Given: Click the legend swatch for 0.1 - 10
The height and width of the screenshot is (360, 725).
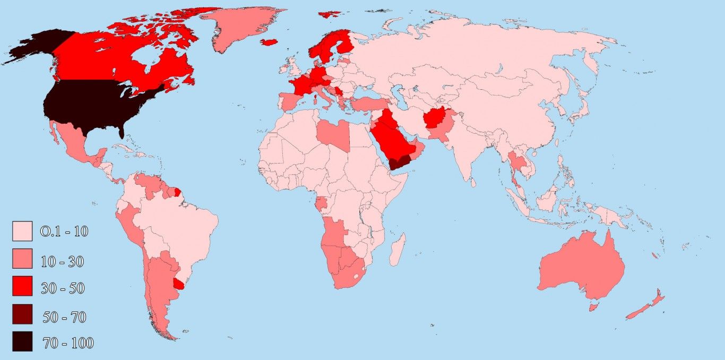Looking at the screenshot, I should [x=22, y=231].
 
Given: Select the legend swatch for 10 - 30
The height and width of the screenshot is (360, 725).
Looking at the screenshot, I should [x=22, y=259].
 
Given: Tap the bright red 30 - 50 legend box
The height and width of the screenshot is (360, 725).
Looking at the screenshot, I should [x=22, y=286].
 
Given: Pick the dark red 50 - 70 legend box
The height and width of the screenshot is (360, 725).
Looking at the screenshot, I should [x=22, y=314].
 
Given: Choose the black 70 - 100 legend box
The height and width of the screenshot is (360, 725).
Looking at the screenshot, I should [x=22, y=341].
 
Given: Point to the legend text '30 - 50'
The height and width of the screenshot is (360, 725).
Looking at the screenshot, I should [x=63, y=288].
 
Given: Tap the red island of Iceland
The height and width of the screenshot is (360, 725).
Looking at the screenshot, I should [x=269, y=42].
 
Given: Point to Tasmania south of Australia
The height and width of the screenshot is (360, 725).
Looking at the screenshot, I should [x=594, y=307].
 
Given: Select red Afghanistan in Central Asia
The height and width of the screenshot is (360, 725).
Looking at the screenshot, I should [x=435, y=119].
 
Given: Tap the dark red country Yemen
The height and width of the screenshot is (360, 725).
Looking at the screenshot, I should [x=401, y=162].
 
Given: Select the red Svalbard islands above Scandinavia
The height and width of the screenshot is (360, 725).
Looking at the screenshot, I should [x=330, y=14].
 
